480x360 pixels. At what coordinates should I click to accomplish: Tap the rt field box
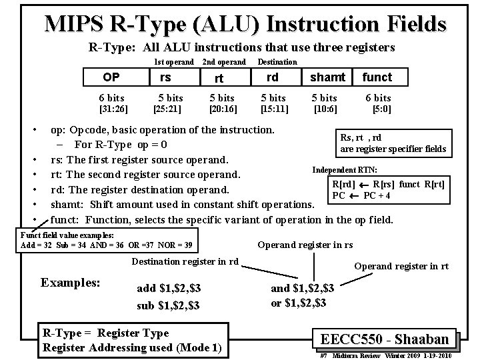click(x=219, y=78)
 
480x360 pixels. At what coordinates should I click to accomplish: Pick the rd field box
click(x=272, y=77)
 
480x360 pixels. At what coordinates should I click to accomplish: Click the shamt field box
click(x=327, y=77)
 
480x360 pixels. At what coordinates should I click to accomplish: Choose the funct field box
click(x=377, y=77)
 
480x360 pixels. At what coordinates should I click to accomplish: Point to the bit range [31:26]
click(x=113, y=108)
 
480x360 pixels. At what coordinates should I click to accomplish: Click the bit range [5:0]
click(x=382, y=108)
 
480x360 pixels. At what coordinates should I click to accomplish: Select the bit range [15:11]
click(x=273, y=108)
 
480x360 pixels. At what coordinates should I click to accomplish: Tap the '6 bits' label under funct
click(x=378, y=97)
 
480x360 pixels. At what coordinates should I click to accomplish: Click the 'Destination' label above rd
click(x=277, y=62)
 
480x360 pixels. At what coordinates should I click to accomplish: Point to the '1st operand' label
click(x=173, y=62)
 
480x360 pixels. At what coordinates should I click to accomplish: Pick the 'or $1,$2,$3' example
click(x=298, y=303)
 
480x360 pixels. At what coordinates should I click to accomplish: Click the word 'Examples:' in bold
click(x=71, y=282)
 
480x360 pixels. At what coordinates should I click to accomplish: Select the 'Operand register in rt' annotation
click(x=401, y=266)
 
